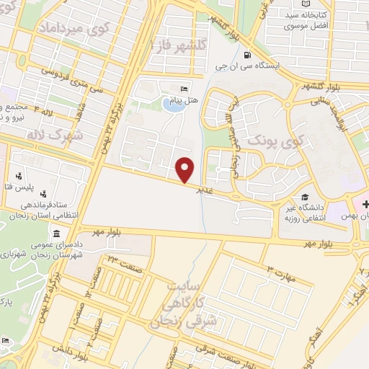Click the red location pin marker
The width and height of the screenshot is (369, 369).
pos(185,169)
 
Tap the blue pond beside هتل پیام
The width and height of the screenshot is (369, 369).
pos(172,106)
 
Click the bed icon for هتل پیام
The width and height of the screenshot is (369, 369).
pos(184,89)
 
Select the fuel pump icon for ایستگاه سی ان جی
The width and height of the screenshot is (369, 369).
pos(248,55)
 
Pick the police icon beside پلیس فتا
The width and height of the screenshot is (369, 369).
pos(19,174)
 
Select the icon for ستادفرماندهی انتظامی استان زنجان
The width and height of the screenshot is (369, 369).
pos(45,194)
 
